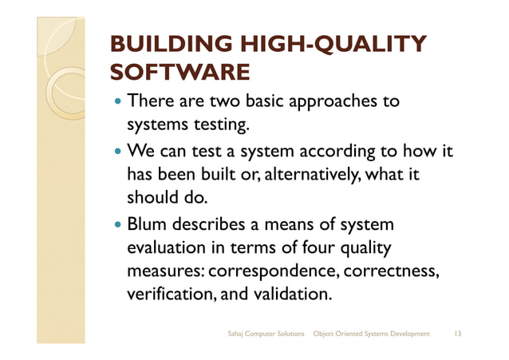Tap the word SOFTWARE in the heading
(180, 74)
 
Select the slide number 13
(458, 332)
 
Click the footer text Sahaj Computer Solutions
(266, 332)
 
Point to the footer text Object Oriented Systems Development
(372, 332)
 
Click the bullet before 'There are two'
(119, 102)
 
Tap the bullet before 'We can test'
(119, 151)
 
